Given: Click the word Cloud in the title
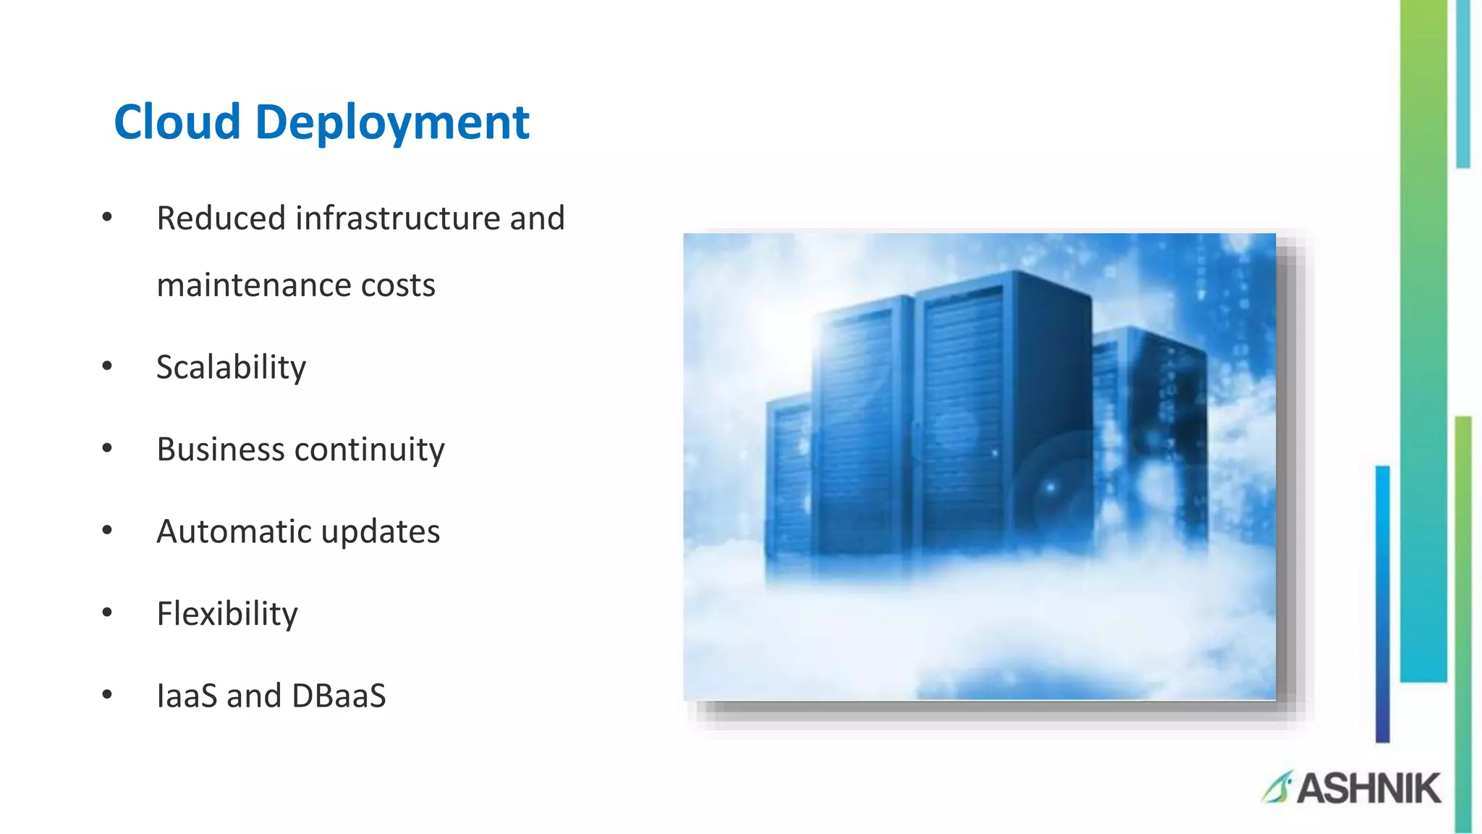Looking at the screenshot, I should pos(177,122).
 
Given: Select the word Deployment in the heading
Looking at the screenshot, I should pos(392,123).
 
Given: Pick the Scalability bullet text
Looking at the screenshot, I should pos(231,368).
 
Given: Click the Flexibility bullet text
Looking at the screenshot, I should pos(227,614).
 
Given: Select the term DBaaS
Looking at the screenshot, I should pos(339,696).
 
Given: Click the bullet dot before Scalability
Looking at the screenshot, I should pos(107,366).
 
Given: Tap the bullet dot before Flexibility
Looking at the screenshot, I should pos(107,613).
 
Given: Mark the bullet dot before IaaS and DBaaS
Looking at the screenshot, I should pos(107,695).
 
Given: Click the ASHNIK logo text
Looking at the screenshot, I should pos(1368,788).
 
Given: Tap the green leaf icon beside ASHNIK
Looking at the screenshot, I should pos(1277,788).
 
